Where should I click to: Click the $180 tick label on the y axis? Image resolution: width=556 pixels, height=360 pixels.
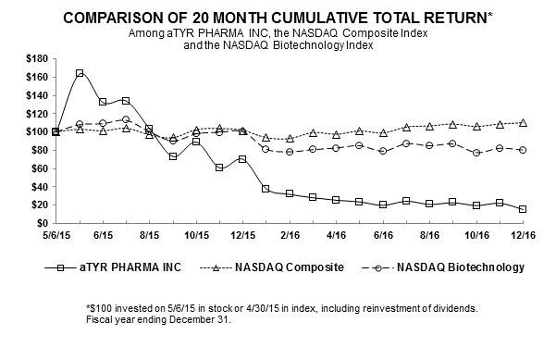coord(37,58)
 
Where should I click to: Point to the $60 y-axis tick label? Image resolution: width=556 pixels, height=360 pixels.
coord(40,168)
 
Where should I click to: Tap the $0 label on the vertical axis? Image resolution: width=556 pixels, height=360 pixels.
coord(42,223)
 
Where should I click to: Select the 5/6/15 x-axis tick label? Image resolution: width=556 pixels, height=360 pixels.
coord(56,235)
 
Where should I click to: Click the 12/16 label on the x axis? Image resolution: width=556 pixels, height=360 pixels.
coord(523,235)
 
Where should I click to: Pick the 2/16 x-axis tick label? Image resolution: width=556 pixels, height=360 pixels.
coord(290,235)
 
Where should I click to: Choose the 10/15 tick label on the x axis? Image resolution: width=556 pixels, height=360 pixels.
coord(196,235)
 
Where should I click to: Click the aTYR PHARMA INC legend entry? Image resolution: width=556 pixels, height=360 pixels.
coord(113,267)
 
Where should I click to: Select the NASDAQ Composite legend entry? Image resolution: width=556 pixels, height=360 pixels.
coord(272,267)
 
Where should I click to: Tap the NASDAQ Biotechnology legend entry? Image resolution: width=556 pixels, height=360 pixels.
coord(443,267)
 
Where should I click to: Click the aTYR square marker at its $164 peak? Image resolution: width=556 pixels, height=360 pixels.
coord(80,73)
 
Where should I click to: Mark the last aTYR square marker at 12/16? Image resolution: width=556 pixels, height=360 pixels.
coord(523,209)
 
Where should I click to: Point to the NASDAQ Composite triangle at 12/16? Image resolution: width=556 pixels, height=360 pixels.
coord(523,123)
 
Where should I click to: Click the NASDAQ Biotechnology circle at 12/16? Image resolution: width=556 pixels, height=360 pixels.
coord(523,150)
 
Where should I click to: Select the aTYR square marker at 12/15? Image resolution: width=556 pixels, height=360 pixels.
coord(242,159)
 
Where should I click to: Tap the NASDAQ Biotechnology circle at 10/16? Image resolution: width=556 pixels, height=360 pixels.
coord(476,153)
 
